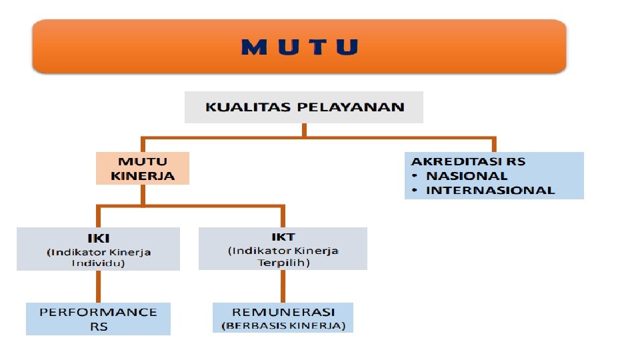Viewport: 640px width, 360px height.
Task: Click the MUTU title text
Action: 299,47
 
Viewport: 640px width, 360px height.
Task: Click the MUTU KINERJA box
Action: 143,168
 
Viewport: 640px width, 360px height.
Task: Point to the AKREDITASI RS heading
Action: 468,161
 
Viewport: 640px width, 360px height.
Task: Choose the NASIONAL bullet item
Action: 467,176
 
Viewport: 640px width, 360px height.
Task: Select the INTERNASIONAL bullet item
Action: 490,190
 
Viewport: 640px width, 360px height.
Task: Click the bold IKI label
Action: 98,238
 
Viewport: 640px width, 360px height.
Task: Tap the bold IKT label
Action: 283,237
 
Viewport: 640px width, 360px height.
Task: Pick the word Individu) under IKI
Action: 98,263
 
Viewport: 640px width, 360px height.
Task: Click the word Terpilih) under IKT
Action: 283,262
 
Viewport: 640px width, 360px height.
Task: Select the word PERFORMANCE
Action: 98,312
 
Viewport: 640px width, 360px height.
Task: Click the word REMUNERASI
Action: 283,312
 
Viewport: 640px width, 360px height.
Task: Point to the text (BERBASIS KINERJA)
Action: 283,325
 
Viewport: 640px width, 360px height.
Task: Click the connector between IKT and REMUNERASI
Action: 283,286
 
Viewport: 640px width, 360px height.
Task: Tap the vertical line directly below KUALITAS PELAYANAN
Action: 303,131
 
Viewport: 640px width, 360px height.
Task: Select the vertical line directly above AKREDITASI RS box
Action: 494,145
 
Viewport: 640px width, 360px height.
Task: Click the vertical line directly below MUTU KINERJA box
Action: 143,195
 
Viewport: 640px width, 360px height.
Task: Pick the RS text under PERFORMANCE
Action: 99,326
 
